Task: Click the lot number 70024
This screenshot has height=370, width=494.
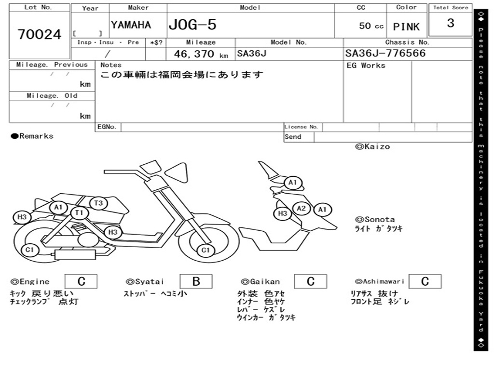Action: pyautogui.click(x=40, y=35)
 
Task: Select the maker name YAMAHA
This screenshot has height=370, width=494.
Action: pyautogui.click(x=131, y=25)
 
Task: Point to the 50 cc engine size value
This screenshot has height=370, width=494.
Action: pyautogui.click(x=371, y=26)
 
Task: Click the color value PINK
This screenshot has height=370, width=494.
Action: pyautogui.click(x=406, y=27)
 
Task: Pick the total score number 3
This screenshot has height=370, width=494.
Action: pyautogui.click(x=451, y=23)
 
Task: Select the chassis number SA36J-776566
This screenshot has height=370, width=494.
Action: pyautogui.click(x=385, y=53)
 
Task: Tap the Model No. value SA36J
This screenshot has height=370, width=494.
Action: pyautogui.click(x=251, y=53)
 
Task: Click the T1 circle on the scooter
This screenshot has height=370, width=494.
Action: pyautogui.click(x=80, y=212)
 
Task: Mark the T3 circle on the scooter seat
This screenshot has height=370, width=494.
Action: pyautogui.click(x=98, y=203)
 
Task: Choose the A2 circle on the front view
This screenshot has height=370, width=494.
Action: pyautogui.click(x=302, y=208)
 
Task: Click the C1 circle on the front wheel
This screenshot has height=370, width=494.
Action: pyautogui.click(x=206, y=250)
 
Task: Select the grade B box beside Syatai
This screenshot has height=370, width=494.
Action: pyautogui.click(x=196, y=281)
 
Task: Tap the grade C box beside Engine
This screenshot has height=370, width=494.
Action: pyautogui.click(x=81, y=281)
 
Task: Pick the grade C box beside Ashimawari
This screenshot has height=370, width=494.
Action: pyautogui.click(x=425, y=281)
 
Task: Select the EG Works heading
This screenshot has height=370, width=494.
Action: pyautogui.click(x=366, y=66)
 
